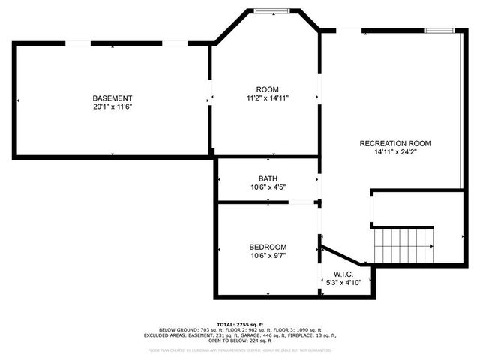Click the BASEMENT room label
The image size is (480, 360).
(x=112, y=98)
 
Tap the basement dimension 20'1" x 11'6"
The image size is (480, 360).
(x=112, y=107)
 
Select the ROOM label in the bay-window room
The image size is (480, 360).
(x=268, y=89)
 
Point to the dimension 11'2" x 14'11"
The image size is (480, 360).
(x=268, y=98)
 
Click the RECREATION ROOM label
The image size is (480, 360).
(x=395, y=143)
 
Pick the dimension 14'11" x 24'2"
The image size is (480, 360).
(x=395, y=152)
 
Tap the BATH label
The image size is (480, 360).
(x=268, y=178)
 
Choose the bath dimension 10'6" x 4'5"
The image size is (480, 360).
(x=268, y=187)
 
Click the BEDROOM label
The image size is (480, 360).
(x=268, y=247)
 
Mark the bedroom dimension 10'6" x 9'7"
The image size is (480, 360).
(x=268, y=256)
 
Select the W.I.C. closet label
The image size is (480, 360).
(x=343, y=274)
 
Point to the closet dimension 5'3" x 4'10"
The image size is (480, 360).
(x=343, y=283)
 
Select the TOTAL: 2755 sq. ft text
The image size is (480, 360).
(x=239, y=323)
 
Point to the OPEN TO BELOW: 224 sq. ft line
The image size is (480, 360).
(x=239, y=341)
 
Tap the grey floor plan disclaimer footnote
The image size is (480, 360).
(x=239, y=349)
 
